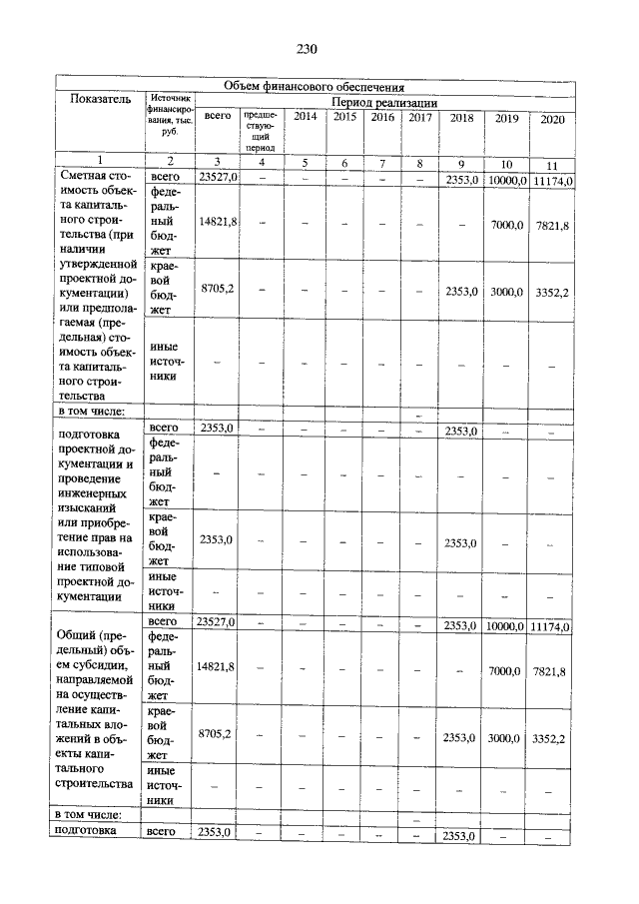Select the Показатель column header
click(x=100, y=100)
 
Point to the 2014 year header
click(x=306, y=118)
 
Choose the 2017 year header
click(x=419, y=118)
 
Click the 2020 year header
click(x=551, y=120)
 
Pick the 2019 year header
click(x=506, y=119)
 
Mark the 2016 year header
click(x=381, y=118)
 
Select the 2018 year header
click(x=461, y=119)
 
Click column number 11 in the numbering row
click(x=551, y=165)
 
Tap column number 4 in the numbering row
click(x=262, y=163)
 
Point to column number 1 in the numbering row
click(x=100, y=161)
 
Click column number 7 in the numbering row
click(x=381, y=163)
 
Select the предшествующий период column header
click(x=262, y=131)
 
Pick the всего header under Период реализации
click(x=217, y=117)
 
